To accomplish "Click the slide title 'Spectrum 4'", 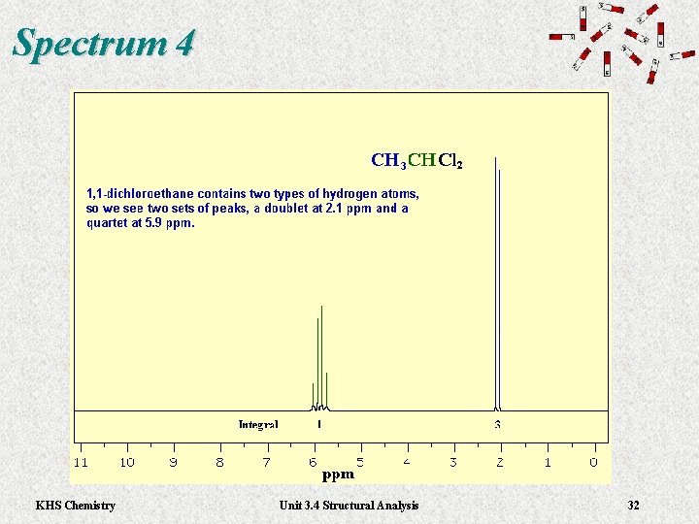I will (104, 44).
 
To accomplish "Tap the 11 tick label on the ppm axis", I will (81, 462).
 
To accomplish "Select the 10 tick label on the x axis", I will (127, 462).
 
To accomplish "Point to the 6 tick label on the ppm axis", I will (314, 462).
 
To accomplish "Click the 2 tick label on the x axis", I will (500, 462).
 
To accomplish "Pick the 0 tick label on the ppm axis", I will (593, 462).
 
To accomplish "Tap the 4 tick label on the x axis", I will (407, 462).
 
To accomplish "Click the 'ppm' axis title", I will (338, 475).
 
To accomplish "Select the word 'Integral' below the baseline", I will (258, 425).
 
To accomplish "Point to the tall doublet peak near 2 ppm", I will (497, 281).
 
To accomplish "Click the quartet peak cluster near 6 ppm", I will (319, 359).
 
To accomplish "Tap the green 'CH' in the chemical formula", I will (421, 160).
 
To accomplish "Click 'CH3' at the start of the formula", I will (388, 161).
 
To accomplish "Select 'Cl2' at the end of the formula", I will (450, 161).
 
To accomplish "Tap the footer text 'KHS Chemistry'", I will (75, 505).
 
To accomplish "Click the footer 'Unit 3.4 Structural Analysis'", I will (349, 505).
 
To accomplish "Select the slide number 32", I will (633, 505).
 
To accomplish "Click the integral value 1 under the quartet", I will (319, 425).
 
